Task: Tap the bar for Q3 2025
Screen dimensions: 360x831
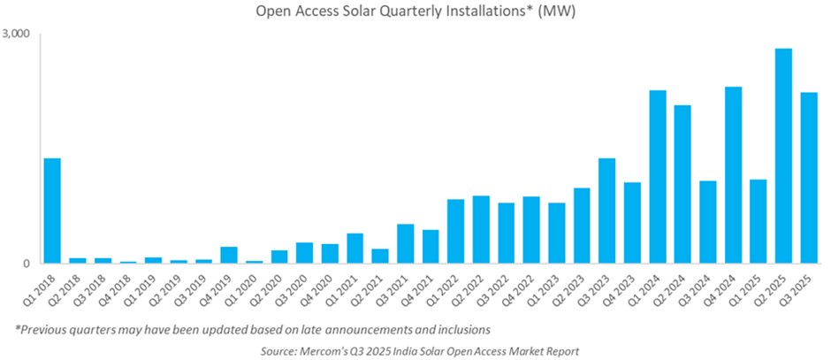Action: [808, 178]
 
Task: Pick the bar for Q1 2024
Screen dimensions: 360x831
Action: [658, 177]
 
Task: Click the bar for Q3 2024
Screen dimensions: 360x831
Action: [707, 222]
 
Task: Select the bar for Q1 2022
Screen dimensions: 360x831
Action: [455, 231]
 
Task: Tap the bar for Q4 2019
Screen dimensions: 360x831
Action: [229, 255]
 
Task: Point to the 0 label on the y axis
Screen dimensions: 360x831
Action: [27, 264]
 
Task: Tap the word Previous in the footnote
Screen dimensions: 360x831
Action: [45, 330]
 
